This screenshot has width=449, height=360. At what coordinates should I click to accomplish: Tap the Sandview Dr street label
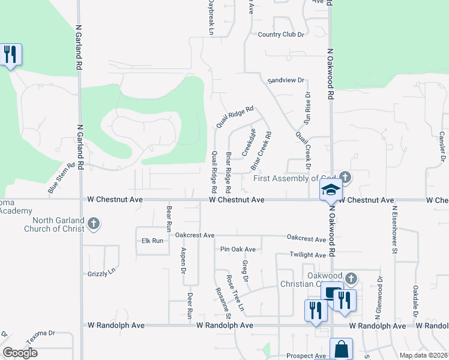point(286,80)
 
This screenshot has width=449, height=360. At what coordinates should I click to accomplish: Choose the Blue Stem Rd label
point(61,178)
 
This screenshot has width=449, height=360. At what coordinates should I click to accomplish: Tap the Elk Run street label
point(152,241)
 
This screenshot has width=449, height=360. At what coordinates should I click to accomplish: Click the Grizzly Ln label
point(101,274)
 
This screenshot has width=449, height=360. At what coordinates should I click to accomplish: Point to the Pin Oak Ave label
point(238,249)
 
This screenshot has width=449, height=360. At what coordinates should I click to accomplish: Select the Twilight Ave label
point(307,255)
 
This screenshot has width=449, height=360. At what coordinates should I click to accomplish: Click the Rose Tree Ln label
point(235,293)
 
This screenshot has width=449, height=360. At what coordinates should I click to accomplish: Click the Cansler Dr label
point(442,146)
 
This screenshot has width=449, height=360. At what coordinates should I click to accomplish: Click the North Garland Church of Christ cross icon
point(92,224)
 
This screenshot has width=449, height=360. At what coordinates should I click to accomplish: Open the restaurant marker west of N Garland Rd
point(10,55)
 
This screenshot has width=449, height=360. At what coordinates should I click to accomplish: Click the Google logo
point(20,353)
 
